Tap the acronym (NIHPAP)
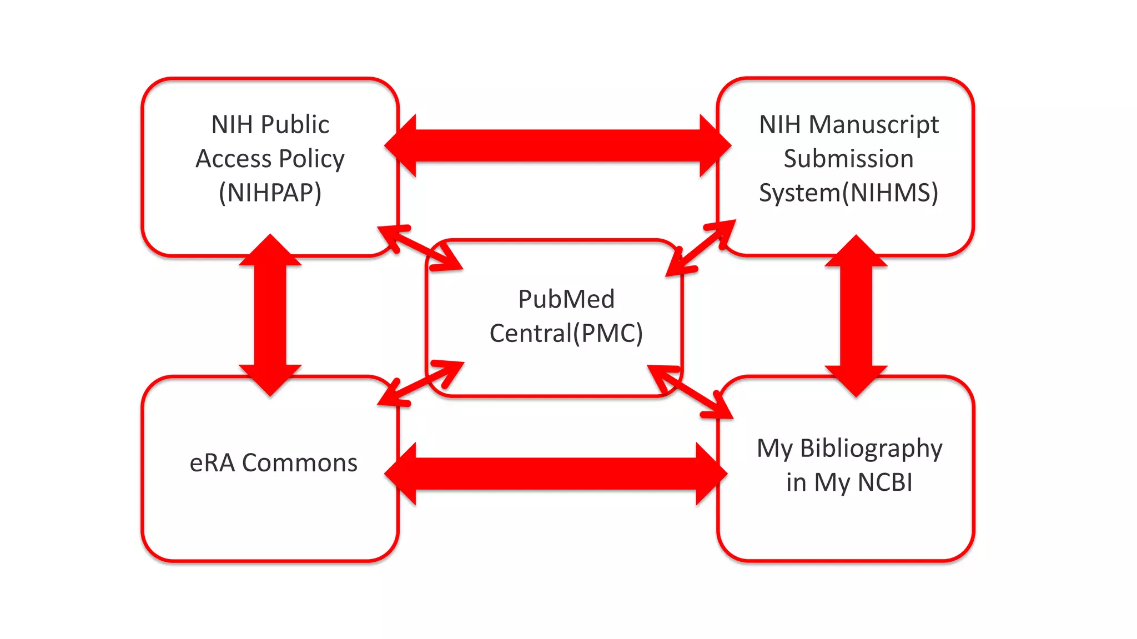[270, 193]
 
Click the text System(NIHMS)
[848, 193]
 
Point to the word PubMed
[566, 299]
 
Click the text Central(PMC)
[566, 333]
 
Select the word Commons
[300, 463]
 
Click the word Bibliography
[871, 449]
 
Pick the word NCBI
[885, 482]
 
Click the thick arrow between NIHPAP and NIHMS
[557, 146]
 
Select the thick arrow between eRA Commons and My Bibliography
[555, 474]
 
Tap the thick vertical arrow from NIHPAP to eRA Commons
[270, 315]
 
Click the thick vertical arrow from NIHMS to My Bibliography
[856, 315]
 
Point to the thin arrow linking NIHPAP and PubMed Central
[420, 248]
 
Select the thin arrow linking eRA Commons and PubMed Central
[420, 383]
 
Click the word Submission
[848, 159]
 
